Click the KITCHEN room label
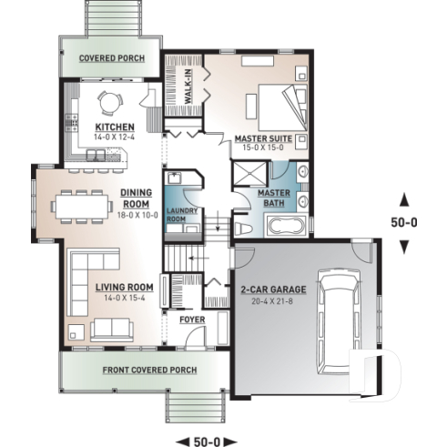[x=115, y=127]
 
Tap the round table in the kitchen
[x=108, y=100]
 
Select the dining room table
[x=83, y=205]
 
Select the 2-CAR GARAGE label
[x=273, y=289]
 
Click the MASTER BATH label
[x=273, y=198]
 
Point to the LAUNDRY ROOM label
[x=182, y=215]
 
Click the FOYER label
[x=192, y=320]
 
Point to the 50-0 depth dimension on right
[x=405, y=221]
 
